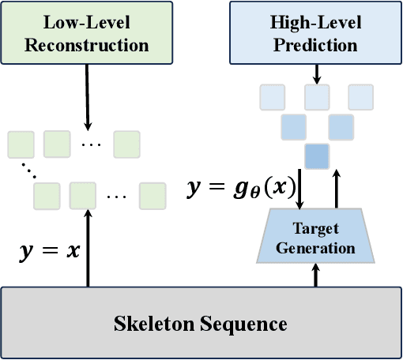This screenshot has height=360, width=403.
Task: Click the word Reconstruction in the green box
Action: point(87,44)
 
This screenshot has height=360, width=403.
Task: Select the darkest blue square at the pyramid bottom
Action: point(316,155)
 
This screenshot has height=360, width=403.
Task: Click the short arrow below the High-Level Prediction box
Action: point(316,73)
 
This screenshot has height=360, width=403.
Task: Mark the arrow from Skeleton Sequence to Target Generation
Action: point(316,276)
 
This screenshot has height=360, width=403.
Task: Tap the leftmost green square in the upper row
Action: point(20,144)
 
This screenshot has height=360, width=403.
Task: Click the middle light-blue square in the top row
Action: point(316,97)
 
